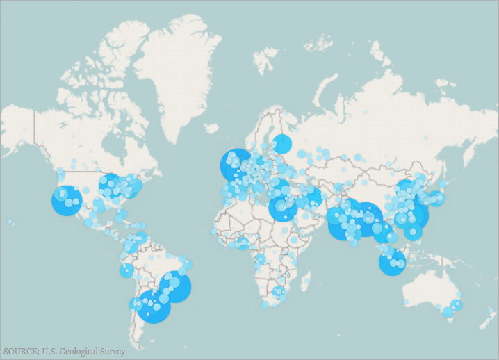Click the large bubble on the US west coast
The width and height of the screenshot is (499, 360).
pos(67,201)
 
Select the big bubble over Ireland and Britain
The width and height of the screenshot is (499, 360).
pos(236,165)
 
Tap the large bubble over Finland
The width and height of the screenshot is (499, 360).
pos(281,144)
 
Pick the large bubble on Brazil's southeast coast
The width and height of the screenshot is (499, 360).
pos(175,286)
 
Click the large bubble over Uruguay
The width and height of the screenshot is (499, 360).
pos(154,306)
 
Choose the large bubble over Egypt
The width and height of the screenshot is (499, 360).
pos(283,207)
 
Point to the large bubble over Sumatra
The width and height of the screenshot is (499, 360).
pos(392,262)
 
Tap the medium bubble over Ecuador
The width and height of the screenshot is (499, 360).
pos(126,270)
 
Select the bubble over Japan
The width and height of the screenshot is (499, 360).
pos(436,198)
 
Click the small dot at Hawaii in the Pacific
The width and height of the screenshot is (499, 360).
pos(10,222)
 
